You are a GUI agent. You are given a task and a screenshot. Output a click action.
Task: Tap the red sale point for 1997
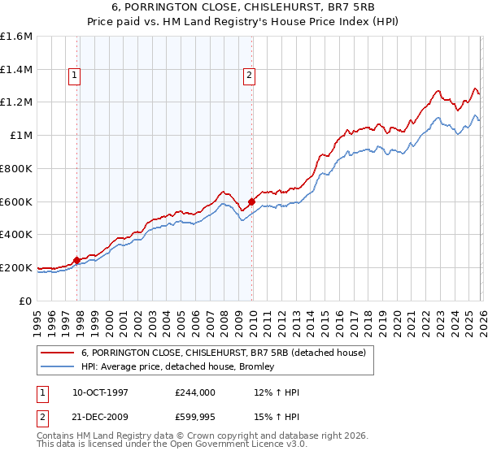click(76, 260)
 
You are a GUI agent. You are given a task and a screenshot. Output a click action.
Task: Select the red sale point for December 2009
click(251, 201)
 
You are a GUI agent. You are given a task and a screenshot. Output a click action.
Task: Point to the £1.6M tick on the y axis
click(16, 37)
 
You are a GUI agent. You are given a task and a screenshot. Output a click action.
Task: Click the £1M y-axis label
click(21, 136)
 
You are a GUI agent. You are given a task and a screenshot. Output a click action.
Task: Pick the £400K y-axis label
click(16, 235)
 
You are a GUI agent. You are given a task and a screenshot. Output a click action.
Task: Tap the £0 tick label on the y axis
click(26, 301)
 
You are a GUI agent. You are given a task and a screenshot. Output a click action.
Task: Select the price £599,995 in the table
click(195, 417)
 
